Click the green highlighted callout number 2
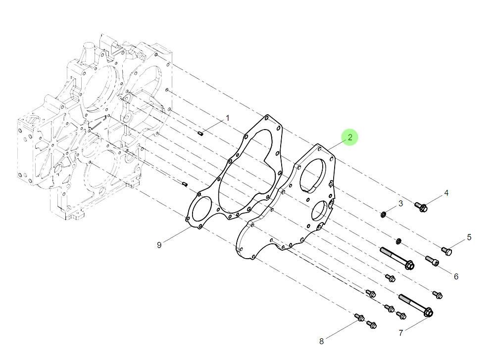pyautogui.click(x=350, y=137)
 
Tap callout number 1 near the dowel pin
pyautogui.click(x=228, y=118)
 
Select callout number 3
pyautogui.click(x=400, y=203)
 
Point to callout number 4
pyautogui.click(x=446, y=193)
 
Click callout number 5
pyautogui.click(x=469, y=237)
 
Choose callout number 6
pyautogui.click(x=456, y=276)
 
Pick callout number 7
pyautogui.click(x=400, y=333)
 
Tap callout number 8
pyautogui.click(x=321, y=341)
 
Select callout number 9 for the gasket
pyautogui.click(x=159, y=245)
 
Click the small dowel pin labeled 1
pyautogui.click(x=200, y=134)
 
